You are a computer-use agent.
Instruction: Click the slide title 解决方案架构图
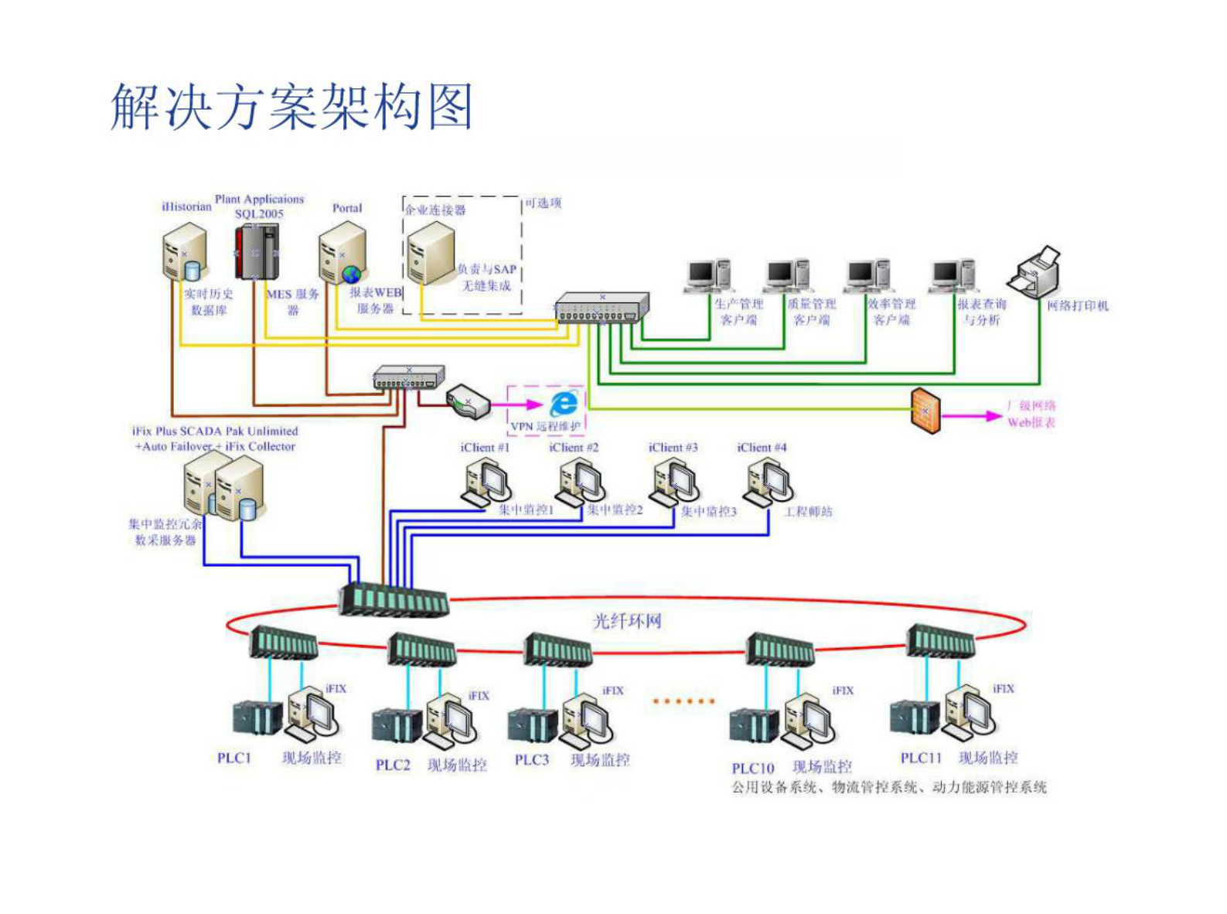click(291, 107)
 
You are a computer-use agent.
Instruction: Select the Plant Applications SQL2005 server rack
click(257, 251)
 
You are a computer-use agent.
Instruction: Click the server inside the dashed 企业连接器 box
click(431, 253)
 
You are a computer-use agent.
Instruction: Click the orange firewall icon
click(925, 410)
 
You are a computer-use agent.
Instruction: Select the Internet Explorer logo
click(564, 403)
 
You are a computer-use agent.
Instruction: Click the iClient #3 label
click(673, 448)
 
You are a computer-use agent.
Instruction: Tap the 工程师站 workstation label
click(808, 512)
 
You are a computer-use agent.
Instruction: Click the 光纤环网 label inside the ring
click(627, 621)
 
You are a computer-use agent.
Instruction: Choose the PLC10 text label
click(752, 768)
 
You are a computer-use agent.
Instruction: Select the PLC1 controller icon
click(257, 718)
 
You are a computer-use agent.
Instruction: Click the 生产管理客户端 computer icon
click(708, 276)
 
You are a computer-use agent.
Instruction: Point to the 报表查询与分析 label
click(981, 312)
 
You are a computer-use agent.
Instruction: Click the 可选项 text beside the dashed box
click(543, 203)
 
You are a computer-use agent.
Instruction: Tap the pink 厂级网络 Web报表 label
click(1031, 414)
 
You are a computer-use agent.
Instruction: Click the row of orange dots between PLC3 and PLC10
click(683, 701)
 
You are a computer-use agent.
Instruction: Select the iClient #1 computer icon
click(486, 482)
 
